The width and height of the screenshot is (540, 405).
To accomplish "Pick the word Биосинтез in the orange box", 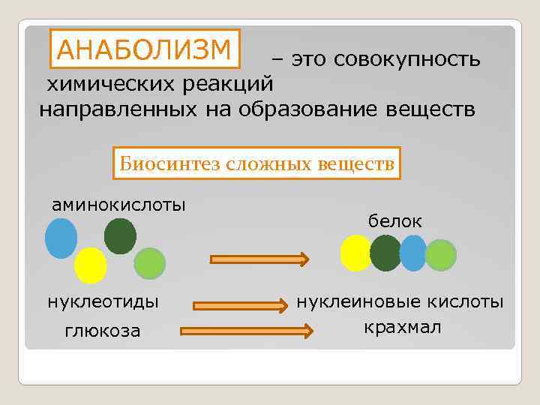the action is (x=160, y=162).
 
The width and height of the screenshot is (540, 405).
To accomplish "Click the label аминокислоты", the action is (x=119, y=204).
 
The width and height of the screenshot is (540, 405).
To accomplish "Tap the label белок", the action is (x=394, y=221).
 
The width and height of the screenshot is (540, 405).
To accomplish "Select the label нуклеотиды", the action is (x=103, y=302).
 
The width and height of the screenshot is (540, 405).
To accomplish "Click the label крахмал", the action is (x=402, y=328).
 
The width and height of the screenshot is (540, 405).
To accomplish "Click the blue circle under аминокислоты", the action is (x=61, y=238).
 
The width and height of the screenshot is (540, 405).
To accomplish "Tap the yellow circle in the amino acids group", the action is (x=91, y=265).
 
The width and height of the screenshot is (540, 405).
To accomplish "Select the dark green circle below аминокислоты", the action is (x=120, y=235).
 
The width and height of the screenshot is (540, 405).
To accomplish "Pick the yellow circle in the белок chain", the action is (x=356, y=253).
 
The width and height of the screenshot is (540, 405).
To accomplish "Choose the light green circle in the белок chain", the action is (x=440, y=255).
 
